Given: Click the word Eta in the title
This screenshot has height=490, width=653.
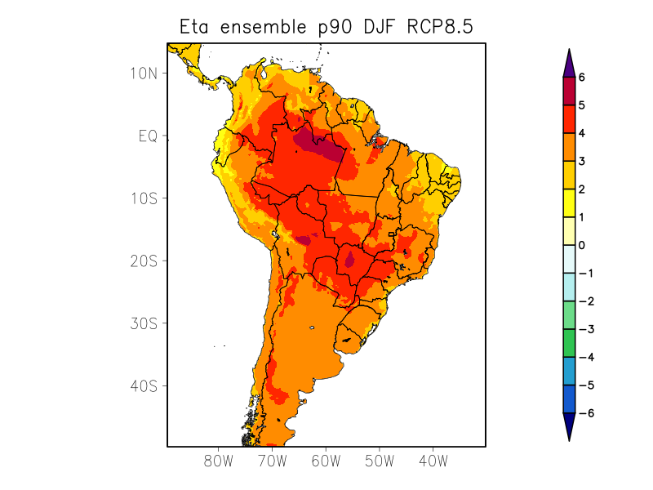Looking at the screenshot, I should [x=196, y=27].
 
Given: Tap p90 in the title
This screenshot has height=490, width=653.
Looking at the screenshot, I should [x=335, y=28].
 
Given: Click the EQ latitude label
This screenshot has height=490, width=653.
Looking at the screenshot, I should [x=147, y=136].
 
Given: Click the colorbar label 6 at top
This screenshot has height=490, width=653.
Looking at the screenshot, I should [x=582, y=78].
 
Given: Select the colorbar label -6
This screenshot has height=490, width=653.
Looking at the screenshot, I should [x=584, y=413].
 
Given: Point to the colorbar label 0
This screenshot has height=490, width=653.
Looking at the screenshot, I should [x=582, y=245].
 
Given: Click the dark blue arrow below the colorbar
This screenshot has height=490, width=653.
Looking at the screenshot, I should [x=569, y=425].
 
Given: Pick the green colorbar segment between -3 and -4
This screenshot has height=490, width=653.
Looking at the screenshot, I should [x=569, y=343].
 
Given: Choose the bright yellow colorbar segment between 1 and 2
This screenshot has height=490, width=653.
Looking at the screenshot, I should [x=569, y=203].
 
